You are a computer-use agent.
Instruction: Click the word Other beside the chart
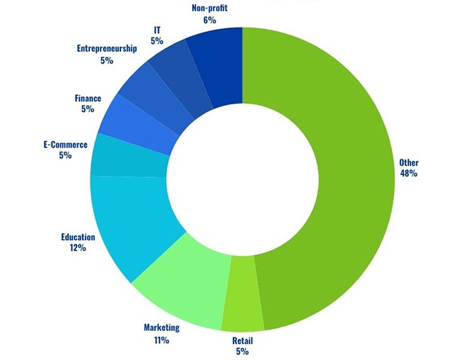[x=409, y=162]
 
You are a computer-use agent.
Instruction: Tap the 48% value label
[x=409, y=173]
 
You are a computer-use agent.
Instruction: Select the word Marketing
[x=162, y=327]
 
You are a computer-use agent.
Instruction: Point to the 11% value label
[x=162, y=340]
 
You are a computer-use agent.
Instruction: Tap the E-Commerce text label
[x=65, y=145]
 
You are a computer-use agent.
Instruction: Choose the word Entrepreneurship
[x=106, y=49]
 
